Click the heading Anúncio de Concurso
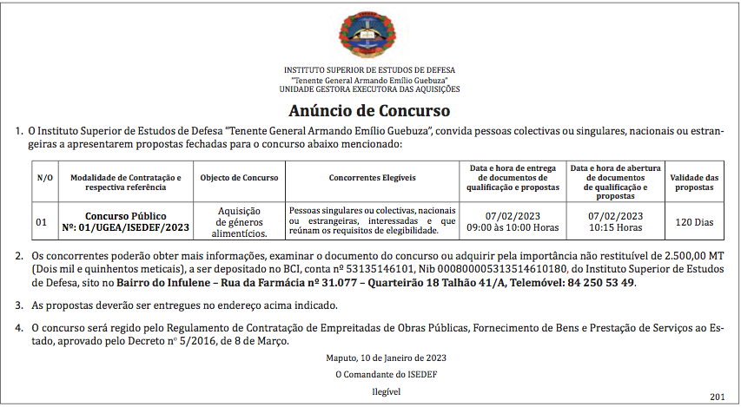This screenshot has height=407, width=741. click(369, 111)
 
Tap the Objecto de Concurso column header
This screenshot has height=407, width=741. click(239, 177)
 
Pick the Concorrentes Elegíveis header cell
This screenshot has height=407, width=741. click(373, 177)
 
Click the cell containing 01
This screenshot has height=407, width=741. click(42, 222)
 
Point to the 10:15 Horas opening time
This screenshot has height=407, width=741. click(615, 227)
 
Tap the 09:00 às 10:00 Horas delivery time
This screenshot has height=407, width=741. click(513, 227)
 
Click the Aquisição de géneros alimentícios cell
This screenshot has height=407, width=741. click(239, 222)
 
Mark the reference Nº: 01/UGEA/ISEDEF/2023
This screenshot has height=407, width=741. click(125, 227)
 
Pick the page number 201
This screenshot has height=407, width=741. click(716, 397)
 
